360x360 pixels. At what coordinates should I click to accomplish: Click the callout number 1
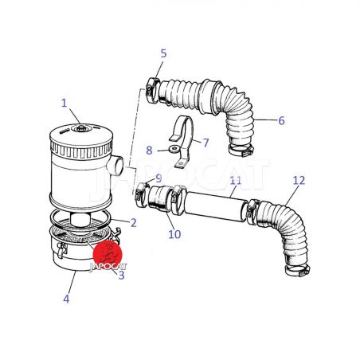64,103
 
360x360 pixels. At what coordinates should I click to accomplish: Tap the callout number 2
133,223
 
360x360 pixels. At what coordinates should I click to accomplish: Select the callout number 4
66,299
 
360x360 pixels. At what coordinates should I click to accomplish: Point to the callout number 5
163,53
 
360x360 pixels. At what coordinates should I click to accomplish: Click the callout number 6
281,121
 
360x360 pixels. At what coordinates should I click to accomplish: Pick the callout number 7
205,143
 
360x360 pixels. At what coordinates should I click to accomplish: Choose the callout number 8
149,151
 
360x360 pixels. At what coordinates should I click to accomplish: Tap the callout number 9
158,178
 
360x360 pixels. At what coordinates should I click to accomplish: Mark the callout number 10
174,234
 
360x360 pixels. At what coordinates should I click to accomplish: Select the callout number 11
236,181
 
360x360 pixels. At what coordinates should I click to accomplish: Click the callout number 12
299,181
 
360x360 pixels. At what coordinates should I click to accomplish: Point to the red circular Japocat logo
108,254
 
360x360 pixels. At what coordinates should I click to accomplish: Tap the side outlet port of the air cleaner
115,165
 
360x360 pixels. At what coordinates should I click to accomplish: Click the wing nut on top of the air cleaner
80,128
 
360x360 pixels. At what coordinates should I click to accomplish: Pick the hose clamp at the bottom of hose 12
297,270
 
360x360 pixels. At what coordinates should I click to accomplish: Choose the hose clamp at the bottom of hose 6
241,151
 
